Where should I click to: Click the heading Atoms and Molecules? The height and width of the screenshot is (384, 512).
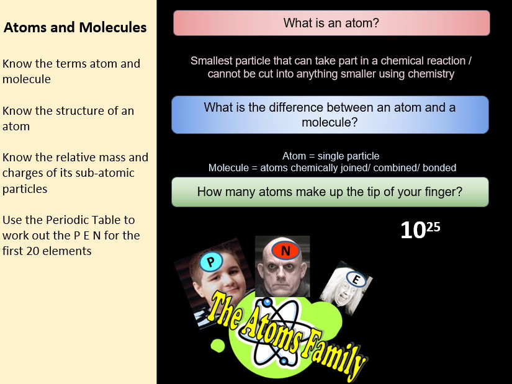click(x=75, y=27)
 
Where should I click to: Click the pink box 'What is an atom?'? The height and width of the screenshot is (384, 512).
click(x=331, y=24)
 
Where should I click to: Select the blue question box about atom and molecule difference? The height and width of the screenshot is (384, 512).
click(x=330, y=115)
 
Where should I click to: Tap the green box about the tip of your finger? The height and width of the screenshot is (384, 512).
click(x=330, y=192)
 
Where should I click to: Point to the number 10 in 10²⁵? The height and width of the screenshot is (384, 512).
click(x=413, y=231)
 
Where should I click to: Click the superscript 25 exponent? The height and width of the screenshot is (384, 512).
click(x=433, y=226)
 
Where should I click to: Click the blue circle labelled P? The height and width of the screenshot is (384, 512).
click(x=210, y=262)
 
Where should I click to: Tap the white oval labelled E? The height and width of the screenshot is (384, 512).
click(x=355, y=280)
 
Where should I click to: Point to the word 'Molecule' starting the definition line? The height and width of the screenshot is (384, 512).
click(x=228, y=167)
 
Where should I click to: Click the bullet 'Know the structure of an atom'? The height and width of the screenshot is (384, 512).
click(x=68, y=118)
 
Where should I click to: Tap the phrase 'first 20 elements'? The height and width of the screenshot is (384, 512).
click(x=47, y=251)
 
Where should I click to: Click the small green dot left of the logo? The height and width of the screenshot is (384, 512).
click(x=218, y=346)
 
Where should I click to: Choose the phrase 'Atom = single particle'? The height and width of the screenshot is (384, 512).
click(x=331, y=156)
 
